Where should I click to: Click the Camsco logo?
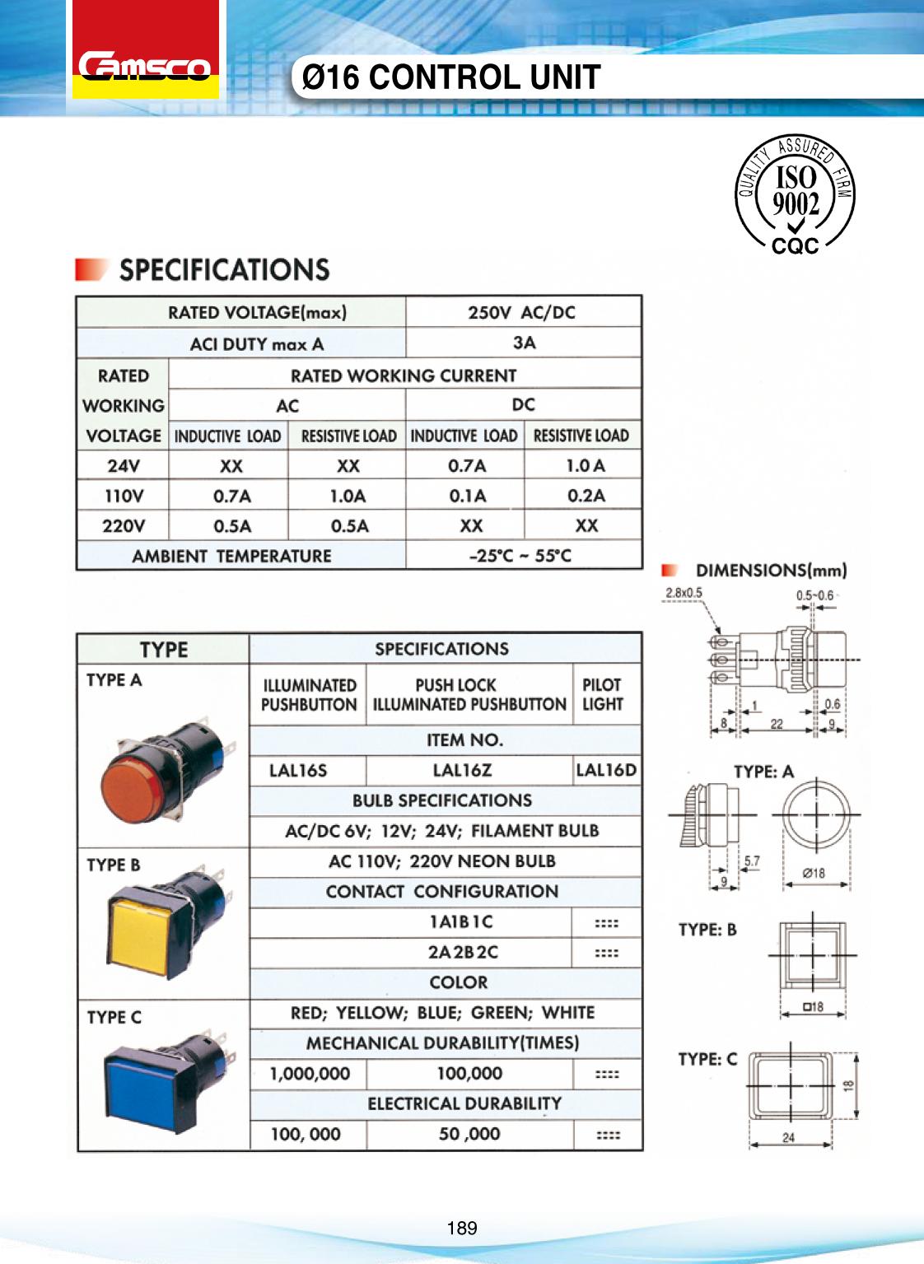[x=145, y=66]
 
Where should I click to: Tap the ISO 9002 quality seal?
[x=795, y=195]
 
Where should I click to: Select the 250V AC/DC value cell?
[x=522, y=312]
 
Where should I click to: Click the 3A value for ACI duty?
[x=524, y=343]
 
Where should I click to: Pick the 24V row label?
[x=124, y=465]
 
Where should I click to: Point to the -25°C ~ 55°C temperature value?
[x=520, y=556]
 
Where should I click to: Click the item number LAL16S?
[x=298, y=771]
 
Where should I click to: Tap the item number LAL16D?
[x=606, y=771]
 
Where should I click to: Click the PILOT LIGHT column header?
[x=603, y=694]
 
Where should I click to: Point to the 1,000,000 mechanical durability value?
[x=310, y=1074]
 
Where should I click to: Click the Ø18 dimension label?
[x=814, y=873]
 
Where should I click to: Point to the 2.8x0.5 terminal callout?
[x=684, y=593]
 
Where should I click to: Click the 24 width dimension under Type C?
[x=788, y=1138]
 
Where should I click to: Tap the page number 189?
[x=462, y=1228]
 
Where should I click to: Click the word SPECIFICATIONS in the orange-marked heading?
[x=225, y=270]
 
